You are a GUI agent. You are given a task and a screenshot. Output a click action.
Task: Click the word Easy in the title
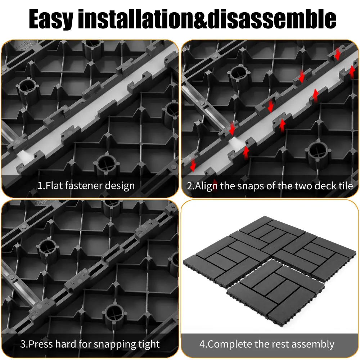(51, 19)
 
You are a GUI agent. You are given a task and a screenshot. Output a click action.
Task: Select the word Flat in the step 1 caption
(54, 185)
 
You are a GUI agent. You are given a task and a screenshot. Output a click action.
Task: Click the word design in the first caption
(120, 186)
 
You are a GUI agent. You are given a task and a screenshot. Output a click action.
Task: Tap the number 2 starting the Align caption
(189, 186)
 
